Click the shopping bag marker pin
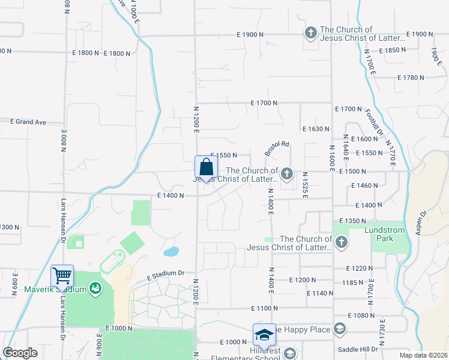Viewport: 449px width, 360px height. click(205, 167)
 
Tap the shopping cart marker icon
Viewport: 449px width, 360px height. click(62, 277)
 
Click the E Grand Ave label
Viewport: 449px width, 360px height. click(28, 122)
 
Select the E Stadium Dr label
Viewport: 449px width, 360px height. click(165, 275)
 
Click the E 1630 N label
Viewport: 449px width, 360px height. click(316, 129)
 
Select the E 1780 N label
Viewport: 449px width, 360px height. click(411, 77)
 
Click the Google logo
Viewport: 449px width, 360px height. click(20, 353)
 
